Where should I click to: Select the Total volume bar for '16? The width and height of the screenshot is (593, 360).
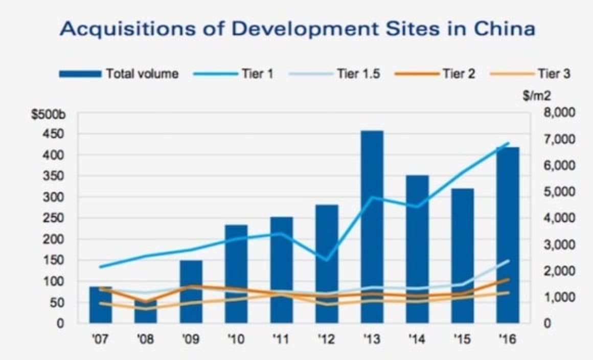pyautogui.click(x=508, y=235)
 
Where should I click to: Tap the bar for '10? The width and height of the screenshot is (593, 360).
pyautogui.click(x=236, y=274)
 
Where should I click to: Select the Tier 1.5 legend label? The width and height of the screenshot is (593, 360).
pyautogui.click(x=358, y=74)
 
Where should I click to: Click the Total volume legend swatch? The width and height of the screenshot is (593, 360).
pyautogui.click(x=80, y=74)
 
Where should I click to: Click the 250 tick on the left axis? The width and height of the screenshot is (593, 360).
pyautogui.click(x=57, y=218)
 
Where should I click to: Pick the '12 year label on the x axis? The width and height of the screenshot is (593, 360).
pyautogui.click(x=327, y=340)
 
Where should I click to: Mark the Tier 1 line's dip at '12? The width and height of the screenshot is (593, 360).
pyautogui.click(x=327, y=260)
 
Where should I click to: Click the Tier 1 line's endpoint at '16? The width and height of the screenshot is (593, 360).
pyautogui.click(x=508, y=143)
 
